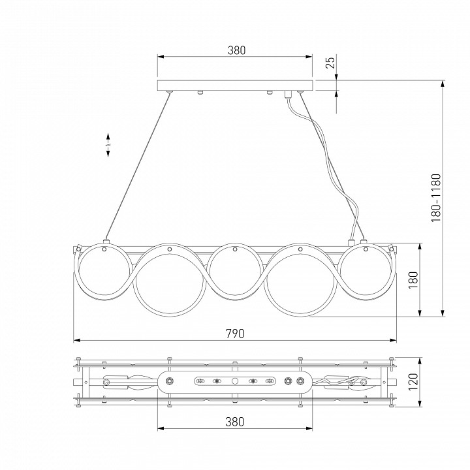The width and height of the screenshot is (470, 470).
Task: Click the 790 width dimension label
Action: click(235, 334)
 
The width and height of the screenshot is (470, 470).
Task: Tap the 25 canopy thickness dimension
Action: click(330, 63)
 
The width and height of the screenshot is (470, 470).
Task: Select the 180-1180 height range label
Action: click(436, 198)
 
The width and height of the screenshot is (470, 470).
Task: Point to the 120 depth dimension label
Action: click(413, 382)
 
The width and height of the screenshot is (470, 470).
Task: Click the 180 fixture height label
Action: click(413, 280)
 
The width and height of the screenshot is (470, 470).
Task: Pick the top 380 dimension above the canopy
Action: click(236, 50)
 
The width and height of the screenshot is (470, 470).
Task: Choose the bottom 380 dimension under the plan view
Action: click(235, 422)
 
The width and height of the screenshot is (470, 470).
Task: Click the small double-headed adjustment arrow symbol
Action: click(108, 145)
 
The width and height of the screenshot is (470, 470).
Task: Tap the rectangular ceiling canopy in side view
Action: click(235, 86)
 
